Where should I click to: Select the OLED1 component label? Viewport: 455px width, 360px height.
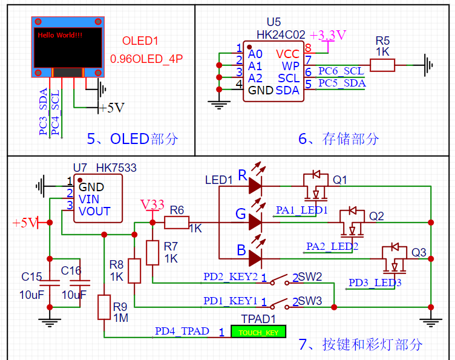(x=140, y=41)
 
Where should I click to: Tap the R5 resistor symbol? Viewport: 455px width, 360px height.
(x=382, y=65)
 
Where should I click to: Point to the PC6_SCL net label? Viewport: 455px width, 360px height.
(x=341, y=71)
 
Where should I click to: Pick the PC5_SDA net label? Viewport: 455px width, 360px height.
(x=341, y=83)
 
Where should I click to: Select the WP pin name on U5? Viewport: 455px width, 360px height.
(x=290, y=65)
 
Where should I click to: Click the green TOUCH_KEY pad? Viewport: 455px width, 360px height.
(x=258, y=332)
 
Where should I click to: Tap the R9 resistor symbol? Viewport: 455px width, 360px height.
(x=104, y=307)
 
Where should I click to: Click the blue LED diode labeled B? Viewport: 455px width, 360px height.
(x=255, y=258)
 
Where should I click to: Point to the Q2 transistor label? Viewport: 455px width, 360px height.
(x=376, y=216)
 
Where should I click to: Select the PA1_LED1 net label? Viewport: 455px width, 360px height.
(x=302, y=210)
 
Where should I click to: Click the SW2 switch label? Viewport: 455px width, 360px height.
(x=310, y=277)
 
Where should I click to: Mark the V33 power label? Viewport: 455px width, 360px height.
(x=152, y=205)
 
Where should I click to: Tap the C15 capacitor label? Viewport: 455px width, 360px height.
(x=31, y=277)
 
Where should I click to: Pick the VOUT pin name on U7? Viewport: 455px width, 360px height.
(x=94, y=211)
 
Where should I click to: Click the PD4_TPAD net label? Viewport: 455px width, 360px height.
(x=182, y=331)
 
